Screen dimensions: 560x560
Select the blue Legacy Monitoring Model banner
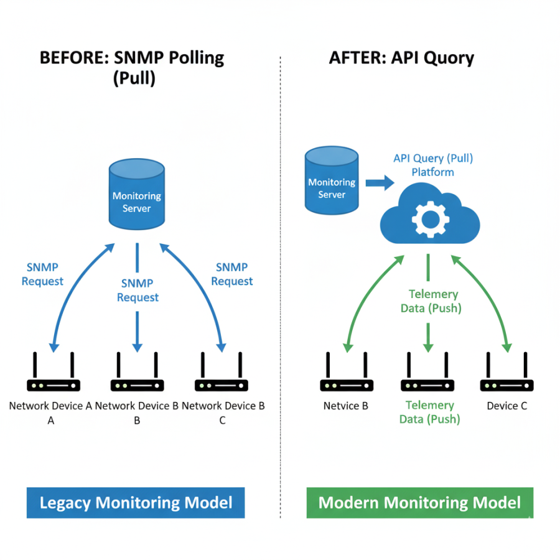(x=136, y=503)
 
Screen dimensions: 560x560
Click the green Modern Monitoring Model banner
(x=419, y=503)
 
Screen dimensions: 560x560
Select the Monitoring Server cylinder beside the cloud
(x=332, y=180)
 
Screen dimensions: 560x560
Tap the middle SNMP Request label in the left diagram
(x=138, y=291)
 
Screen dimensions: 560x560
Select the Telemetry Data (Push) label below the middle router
(x=429, y=412)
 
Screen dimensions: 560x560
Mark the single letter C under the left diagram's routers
(x=222, y=421)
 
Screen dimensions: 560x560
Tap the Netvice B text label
(x=345, y=406)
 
